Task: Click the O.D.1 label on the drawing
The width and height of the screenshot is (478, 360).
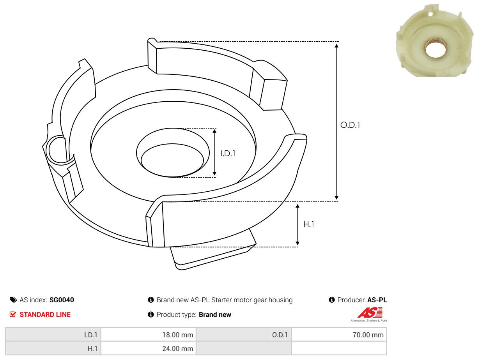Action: coord(350,125)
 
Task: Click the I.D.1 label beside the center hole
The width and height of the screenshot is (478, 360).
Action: coord(228,154)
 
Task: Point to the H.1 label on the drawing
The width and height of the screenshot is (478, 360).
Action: coord(308,224)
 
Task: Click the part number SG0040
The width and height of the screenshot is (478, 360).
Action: coord(62,300)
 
